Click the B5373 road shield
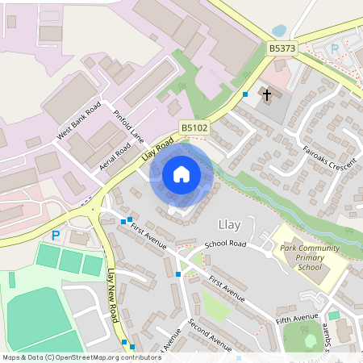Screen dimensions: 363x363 (282, 49)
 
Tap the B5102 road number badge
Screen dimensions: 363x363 (194, 127)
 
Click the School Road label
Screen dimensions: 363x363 (225, 244)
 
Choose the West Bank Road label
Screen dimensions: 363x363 (78, 122)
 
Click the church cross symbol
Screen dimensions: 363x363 (266, 94)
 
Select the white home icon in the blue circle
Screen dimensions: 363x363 (181, 173)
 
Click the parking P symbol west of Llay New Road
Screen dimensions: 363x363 (56, 236)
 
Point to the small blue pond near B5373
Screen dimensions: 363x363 (280, 31)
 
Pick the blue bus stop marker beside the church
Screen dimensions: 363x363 (244, 94)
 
